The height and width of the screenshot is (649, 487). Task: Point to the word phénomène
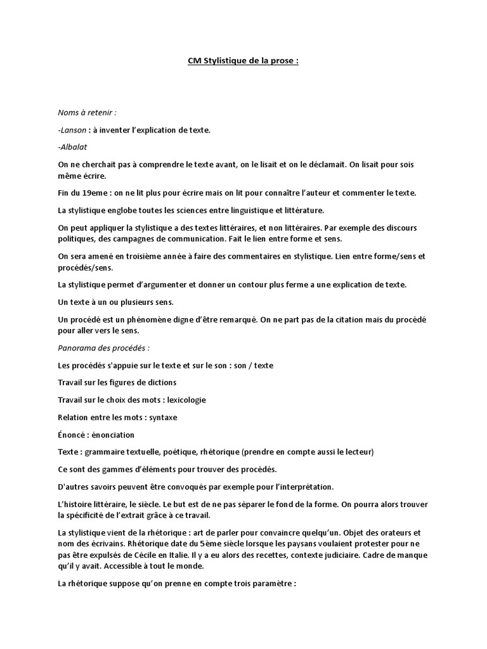pyautogui.click(x=146, y=319)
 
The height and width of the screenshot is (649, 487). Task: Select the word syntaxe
pyautogui.click(x=162, y=418)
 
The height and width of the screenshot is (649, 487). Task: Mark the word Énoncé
pyautogui.click(x=72, y=435)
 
